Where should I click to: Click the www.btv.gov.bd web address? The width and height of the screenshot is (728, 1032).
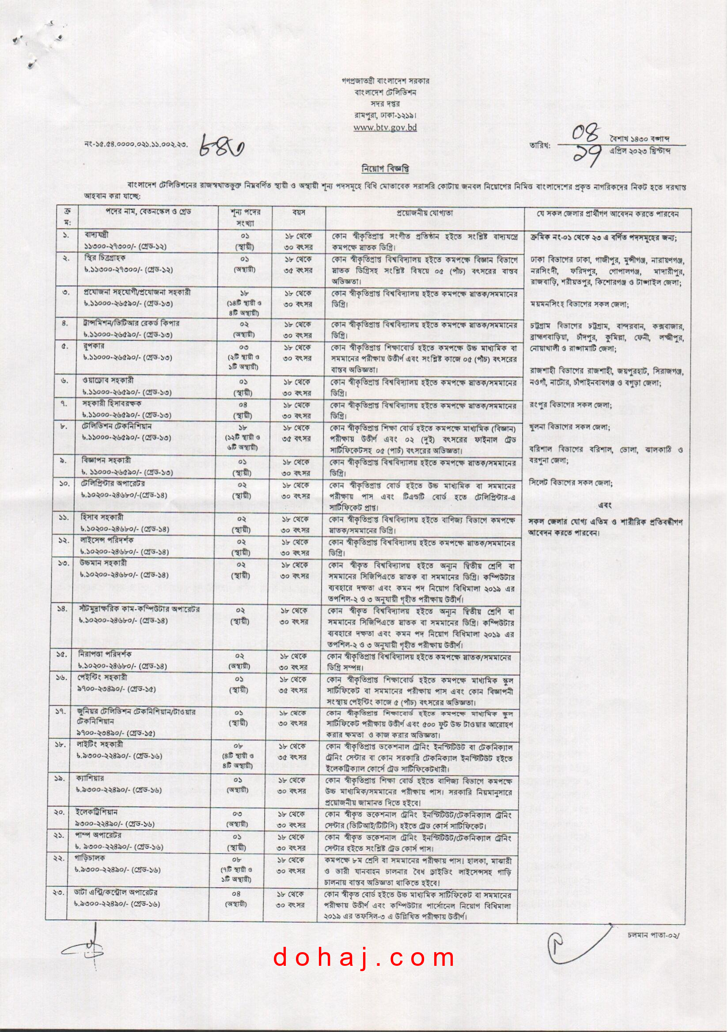385,127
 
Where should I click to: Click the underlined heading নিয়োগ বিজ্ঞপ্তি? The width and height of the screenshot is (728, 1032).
386,169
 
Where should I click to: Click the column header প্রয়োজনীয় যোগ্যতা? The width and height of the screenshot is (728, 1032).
424,213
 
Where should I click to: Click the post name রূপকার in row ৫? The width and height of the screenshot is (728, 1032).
93,347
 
